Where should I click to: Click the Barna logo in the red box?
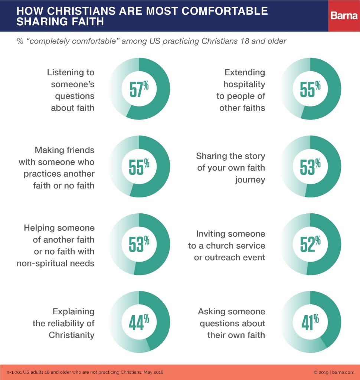[344, 16]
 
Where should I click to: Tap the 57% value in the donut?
[139, 89]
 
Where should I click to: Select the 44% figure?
[139, 322]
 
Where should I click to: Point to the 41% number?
[310, 322]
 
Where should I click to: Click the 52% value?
[310, 244]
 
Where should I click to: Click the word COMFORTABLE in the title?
[225, 11]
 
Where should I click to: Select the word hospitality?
[244, 84]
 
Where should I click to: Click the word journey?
[250, 180]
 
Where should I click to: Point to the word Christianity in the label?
[72, 335]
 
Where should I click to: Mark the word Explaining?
[73, 312]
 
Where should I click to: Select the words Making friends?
[65, 150]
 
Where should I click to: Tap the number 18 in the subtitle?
[245, 41]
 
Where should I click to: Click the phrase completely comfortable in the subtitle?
[72, 41]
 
